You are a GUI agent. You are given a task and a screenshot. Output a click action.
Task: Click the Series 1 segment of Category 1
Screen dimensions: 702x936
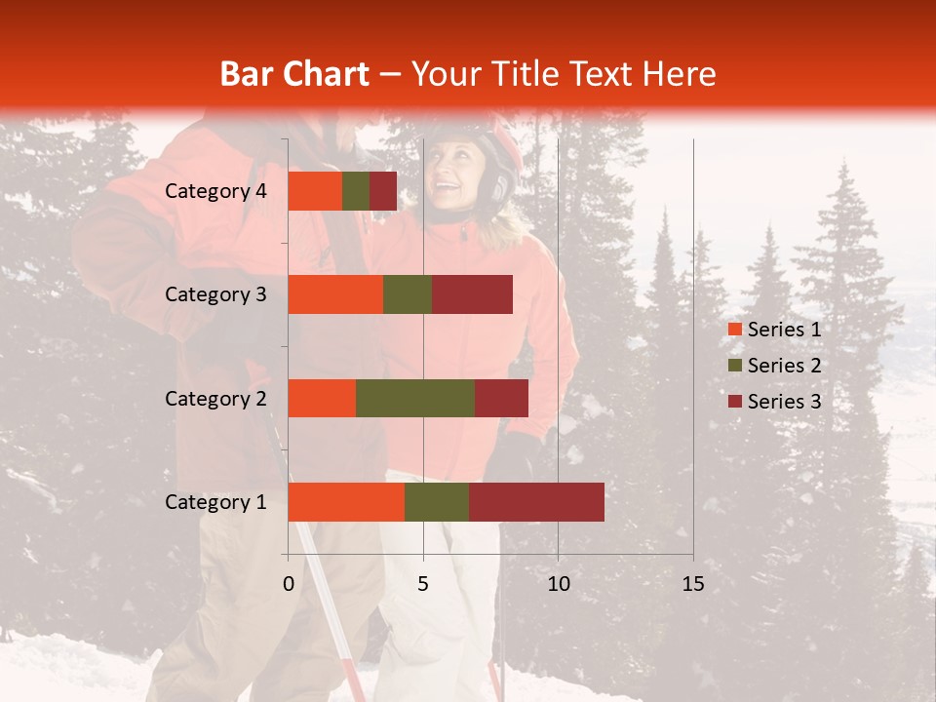tap(346, 502)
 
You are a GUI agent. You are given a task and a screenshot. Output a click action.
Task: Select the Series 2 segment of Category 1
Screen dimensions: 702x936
tap(437, 502)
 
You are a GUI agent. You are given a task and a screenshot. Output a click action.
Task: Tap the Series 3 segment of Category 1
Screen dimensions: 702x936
tap(536, 502)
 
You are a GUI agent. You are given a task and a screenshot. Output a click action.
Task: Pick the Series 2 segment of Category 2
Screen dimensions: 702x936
tap(415, 398)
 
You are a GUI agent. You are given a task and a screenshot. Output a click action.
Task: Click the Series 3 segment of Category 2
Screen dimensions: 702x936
tap(501, 398)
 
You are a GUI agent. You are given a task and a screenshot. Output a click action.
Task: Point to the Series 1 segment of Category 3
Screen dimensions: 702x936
tap(335, 294)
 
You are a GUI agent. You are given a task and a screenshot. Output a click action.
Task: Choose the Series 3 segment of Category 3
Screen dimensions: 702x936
tap(472, 294)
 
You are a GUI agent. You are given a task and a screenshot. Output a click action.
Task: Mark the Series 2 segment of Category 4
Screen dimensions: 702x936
tap(356, 191)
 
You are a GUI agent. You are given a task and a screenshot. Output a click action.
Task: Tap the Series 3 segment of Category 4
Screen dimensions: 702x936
tap(383, 191)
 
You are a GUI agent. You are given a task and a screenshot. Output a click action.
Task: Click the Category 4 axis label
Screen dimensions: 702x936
tap(215, 191)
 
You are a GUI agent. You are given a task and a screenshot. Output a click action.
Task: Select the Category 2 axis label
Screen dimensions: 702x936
tap(215, 398)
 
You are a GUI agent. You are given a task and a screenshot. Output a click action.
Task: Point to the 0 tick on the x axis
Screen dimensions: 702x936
tap(289, 584)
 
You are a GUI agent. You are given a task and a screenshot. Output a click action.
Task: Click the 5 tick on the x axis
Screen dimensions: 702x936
tap(423, 584)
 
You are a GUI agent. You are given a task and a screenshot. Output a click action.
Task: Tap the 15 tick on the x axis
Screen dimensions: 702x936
tap(693, 584)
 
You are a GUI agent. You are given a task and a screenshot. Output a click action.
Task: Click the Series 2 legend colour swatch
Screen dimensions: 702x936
tap(734, 366)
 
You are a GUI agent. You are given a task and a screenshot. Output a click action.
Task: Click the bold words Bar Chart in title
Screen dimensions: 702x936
tap(294, 74)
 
